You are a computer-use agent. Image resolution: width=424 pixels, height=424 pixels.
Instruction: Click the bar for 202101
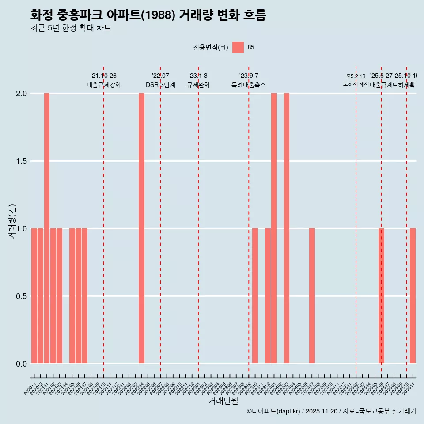tap(47, 228)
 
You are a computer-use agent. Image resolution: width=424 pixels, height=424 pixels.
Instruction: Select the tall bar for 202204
tap(141, 228)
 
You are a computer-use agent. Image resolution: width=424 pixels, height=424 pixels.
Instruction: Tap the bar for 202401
tap(274, 228)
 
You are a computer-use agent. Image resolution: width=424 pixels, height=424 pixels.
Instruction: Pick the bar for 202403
tap(287, 228)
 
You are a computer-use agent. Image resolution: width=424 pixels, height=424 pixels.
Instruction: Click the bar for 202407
tap(312, 296)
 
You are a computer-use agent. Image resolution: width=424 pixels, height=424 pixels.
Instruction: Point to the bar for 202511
tap(413, 296)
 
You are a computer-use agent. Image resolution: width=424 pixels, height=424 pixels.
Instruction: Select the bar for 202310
tap(255, 296)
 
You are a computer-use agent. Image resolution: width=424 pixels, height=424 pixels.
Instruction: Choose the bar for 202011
tap(34, 296)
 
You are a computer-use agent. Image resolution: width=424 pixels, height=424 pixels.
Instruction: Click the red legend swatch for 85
tap(238, 47)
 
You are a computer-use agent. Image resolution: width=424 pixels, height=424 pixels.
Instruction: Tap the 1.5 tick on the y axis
tap(21, 161)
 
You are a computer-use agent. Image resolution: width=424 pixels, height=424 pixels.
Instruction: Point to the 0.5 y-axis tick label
tap(21, 296)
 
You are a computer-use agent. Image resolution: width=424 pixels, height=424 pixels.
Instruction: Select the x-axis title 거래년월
tap(223, 401)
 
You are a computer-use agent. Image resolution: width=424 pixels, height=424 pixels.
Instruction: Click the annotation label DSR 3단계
tap(160, 85)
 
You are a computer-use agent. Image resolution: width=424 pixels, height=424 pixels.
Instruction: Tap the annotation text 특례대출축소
tap(249, 85)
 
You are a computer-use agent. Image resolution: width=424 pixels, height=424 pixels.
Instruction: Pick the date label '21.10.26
tap(103, 76)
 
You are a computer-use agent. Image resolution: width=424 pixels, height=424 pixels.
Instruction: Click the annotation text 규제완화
tap(198, 85)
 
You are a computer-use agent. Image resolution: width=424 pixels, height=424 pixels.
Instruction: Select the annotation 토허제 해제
tap(356, 84)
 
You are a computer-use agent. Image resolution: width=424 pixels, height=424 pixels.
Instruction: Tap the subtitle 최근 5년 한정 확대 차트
tap(71, 28)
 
